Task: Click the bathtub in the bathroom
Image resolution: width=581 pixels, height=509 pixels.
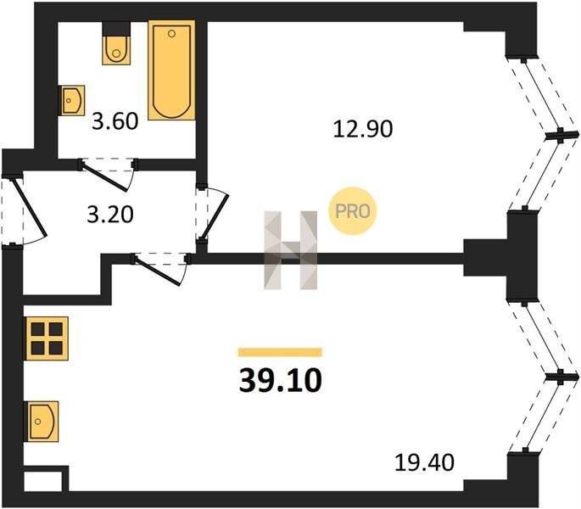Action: point(171,70)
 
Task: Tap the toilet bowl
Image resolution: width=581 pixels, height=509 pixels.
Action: point(116,50)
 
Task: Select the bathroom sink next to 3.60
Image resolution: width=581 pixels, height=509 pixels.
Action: point(72,100)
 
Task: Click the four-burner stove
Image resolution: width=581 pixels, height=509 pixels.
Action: point(47,338)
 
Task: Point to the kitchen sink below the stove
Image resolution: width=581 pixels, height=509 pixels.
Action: point(41,421)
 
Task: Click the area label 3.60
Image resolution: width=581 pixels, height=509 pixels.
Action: point(115,121)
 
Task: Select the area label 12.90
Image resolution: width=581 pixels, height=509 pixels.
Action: point(363,130)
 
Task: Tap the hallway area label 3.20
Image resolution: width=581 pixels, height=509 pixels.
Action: point(110,215)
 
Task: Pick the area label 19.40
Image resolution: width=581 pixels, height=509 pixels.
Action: point(424,462)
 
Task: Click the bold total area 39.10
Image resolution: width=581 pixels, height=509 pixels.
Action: point(281,381)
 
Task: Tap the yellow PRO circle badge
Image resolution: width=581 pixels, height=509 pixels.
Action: point(352,211)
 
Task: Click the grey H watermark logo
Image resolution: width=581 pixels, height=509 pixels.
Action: point(290,250)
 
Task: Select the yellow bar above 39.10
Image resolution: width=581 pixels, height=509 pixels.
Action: point(280,352)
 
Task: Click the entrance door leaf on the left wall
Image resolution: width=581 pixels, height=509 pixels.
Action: point(30,207)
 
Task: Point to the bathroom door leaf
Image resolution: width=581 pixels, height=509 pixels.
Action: point(105,176)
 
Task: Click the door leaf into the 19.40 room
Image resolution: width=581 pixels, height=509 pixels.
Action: point(158,271)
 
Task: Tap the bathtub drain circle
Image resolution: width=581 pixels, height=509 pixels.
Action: point(171,34)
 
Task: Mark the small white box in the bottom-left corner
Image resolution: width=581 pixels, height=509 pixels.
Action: point(42,482)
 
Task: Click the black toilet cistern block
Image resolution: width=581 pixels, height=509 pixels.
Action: point(116,29)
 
